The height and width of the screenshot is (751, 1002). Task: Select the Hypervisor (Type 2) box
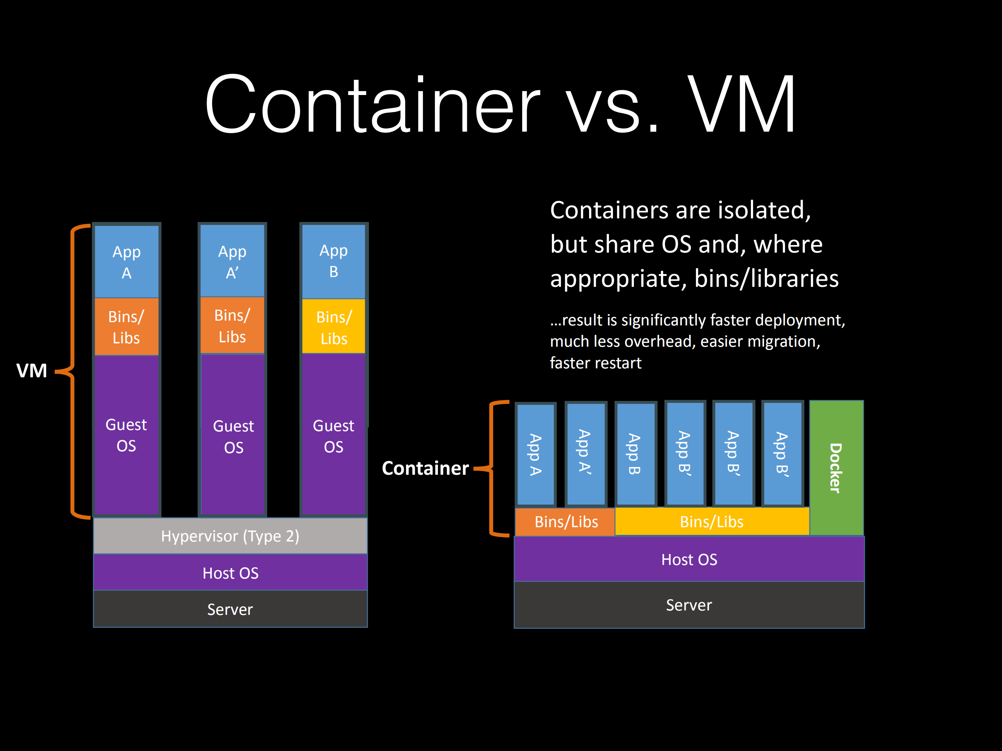tap(230, 536)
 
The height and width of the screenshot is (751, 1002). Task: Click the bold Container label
tap(425, 468)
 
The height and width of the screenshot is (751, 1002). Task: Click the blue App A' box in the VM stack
tap(232, 261)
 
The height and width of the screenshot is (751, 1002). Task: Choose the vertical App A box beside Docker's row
tap(536, 454)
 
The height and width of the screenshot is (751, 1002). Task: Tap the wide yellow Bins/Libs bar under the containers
tap(712, 521)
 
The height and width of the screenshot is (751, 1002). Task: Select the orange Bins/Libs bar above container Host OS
tap(565, 521)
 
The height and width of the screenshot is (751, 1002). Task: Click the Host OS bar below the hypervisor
tap(230, 573)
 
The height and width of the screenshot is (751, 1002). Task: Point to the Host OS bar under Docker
tap(689, 559)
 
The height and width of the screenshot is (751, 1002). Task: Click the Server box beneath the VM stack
tap(230, 609)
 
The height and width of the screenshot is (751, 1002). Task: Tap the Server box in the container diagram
tap(689, 605)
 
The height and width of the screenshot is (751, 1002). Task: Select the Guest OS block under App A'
tap(233, 436)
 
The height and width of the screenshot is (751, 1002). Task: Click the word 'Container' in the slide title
tap(372, 105)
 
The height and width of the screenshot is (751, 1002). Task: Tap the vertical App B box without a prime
tap(635, 454)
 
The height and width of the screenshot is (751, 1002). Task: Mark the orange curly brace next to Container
tap(494, 468)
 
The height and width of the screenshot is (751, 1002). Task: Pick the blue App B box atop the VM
tap(333, 261)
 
